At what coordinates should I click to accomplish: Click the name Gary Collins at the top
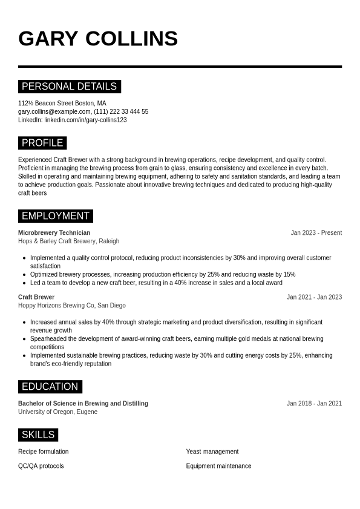point(98,39)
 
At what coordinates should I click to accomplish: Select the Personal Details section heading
point(69,87)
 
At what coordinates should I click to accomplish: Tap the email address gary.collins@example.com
point(54,111)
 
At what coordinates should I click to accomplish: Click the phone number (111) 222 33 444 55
point(121,111)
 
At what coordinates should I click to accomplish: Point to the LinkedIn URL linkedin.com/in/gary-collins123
point(85,120)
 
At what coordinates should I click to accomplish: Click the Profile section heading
point(42,143)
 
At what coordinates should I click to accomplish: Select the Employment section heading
point(56,216)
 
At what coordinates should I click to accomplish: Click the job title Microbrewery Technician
point(54,232)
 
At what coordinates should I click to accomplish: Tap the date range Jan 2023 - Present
point(316,232)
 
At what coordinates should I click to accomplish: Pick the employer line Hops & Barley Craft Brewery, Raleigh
point(68,241)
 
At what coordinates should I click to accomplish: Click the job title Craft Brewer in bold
point(36,297)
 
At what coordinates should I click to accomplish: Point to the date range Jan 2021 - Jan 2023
point(314,297)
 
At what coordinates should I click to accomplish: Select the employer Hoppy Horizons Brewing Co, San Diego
point(71,306)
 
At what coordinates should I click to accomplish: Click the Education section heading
point(50,387)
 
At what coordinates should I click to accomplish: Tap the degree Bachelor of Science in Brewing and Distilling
point(83,404)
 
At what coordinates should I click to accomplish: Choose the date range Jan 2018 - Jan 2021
point(314,404)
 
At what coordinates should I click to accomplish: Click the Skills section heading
point(38,435)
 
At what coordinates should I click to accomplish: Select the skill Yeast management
point(212,452)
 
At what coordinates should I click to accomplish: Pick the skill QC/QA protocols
point(41,466)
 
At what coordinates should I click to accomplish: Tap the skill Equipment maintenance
point(218,466)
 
